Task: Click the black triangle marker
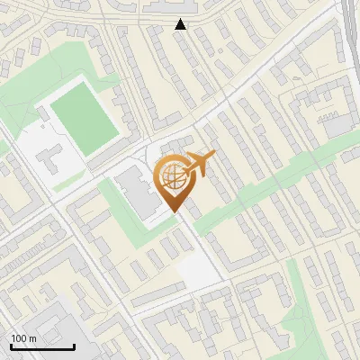[181, 24]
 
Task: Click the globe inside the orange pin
[173, 176]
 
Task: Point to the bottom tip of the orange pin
[174, 211]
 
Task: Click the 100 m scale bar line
[42, 346]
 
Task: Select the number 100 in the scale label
[20, 337]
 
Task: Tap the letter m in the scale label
[32, 337]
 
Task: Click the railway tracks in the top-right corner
[349, 27]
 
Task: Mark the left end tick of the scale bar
[11, 345]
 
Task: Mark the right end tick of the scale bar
[74, 345]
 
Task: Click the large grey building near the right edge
[339, 126]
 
